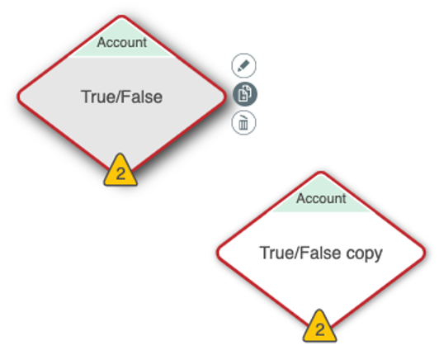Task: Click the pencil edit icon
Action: (243, 65)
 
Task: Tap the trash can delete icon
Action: (243, 123)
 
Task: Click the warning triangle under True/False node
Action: (120, 171)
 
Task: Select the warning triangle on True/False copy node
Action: (319, 327)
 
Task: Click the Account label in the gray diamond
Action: (122, 43)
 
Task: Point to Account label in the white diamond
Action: (321, 199)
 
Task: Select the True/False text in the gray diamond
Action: (122, 97)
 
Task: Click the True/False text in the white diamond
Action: (300, 253)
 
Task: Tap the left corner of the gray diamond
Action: (17, 97)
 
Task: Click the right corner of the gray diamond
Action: (225, 97)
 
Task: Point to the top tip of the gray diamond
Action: (122, 17)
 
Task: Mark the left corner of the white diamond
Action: (217, 253)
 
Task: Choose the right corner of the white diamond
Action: (425, 253)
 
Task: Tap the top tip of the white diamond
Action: (321, 172)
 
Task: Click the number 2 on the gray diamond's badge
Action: (120, 174)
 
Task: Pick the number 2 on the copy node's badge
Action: (319, 329)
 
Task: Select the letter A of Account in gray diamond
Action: (101, 43)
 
